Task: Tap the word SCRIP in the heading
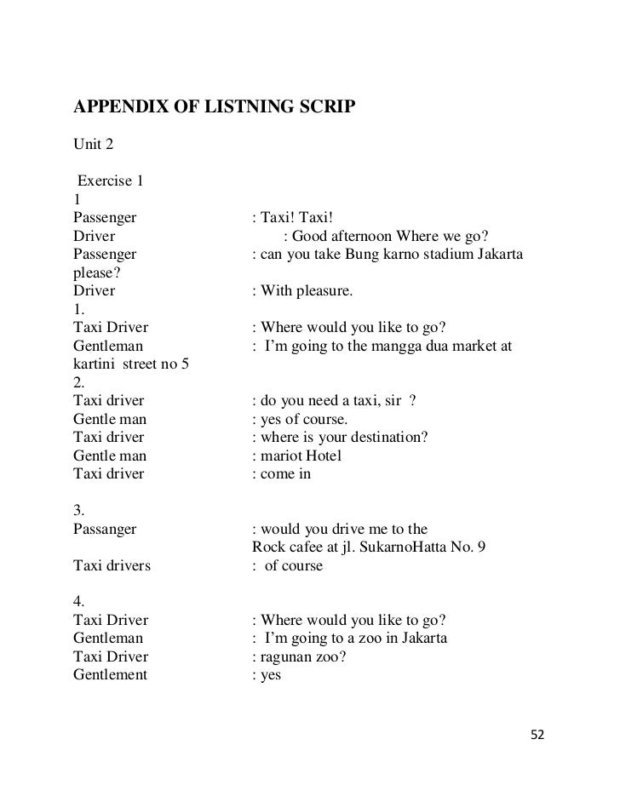(x=327, y=108)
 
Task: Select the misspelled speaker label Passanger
(x=105, y=529)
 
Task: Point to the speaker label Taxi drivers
(x=112, y=565)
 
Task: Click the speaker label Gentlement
(x=111, y=675)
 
